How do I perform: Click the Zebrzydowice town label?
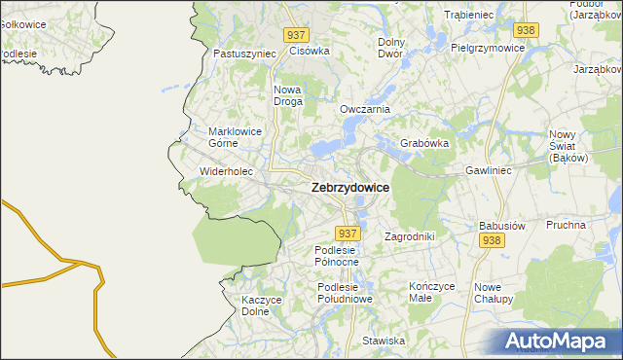coord(349,188)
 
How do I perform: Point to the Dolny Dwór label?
coord(390,48)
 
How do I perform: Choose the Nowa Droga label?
coord(287,94)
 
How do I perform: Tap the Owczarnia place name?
coord(365,109)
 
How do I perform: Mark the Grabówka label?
coord(423,143)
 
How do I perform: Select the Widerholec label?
coord(226,171)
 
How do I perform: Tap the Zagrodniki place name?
coord(409,236)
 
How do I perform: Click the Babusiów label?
coord(502,226)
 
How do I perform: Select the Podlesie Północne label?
coord(337,256)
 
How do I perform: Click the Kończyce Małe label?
coord(432,292)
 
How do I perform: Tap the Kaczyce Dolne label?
coord(262,306)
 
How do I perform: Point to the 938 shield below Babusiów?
coord(491,241)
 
